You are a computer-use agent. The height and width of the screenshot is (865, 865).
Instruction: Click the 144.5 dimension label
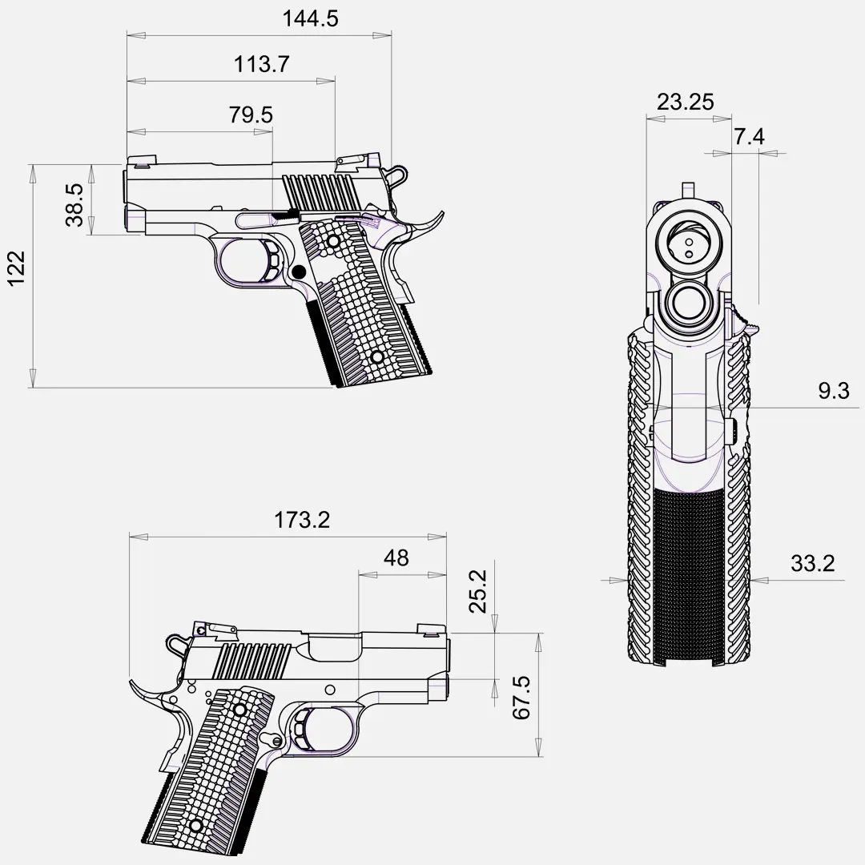point(310,18)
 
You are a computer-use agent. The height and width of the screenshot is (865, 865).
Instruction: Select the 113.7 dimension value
point(261,65)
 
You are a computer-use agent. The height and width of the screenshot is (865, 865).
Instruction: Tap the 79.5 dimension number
point(251,115)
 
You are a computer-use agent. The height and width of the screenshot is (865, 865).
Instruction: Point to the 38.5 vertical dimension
point(75,205)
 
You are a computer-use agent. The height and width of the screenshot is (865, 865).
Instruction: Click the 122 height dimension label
point(17,268)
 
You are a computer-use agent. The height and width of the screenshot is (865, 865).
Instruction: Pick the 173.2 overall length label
point(302,520)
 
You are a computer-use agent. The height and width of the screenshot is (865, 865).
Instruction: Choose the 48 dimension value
point(396,558)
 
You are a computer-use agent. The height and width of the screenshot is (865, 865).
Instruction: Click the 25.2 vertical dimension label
point(478,592)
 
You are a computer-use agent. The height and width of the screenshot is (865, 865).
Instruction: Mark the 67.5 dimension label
point(521,698)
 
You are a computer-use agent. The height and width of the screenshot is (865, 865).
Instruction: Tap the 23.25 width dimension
point(685,102)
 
